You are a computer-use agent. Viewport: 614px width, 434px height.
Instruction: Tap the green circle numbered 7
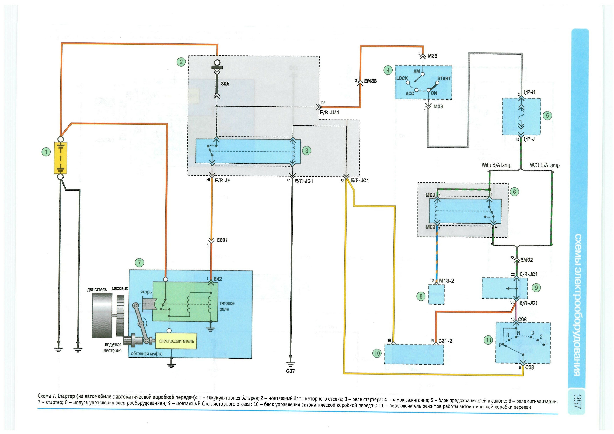pos(139,263)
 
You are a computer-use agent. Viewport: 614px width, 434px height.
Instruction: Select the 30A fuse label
pos(225,84)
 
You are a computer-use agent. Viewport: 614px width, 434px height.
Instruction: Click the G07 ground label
pos(290,371)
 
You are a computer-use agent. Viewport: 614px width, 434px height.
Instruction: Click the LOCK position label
pos(402,78)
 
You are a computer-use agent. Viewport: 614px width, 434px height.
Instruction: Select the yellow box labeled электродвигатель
pos(176,341)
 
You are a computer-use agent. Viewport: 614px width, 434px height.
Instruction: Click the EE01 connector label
pos(222,240)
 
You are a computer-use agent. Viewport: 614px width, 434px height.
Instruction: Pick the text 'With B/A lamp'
pos(496,165)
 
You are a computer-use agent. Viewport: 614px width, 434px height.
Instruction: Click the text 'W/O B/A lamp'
pos(545,165)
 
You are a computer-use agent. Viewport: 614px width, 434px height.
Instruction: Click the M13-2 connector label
pos(446,281)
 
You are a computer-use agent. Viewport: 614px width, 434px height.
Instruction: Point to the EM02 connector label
pos(526,260)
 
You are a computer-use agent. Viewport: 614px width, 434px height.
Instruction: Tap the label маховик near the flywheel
pos(120,288)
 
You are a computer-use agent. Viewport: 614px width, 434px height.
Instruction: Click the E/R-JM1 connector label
pos(330,113)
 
